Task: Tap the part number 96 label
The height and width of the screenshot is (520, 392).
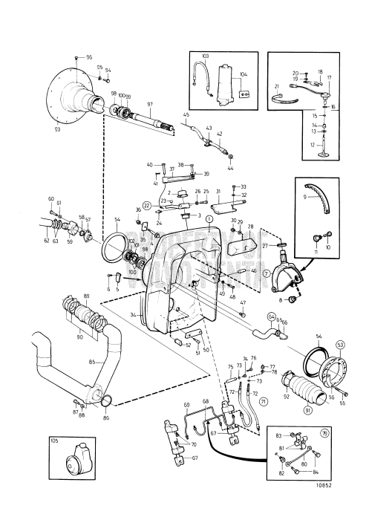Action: click(90, 57)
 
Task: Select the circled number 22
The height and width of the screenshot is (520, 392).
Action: click(146, 205)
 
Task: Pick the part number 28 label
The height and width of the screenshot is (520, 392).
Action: click(249, 227)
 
